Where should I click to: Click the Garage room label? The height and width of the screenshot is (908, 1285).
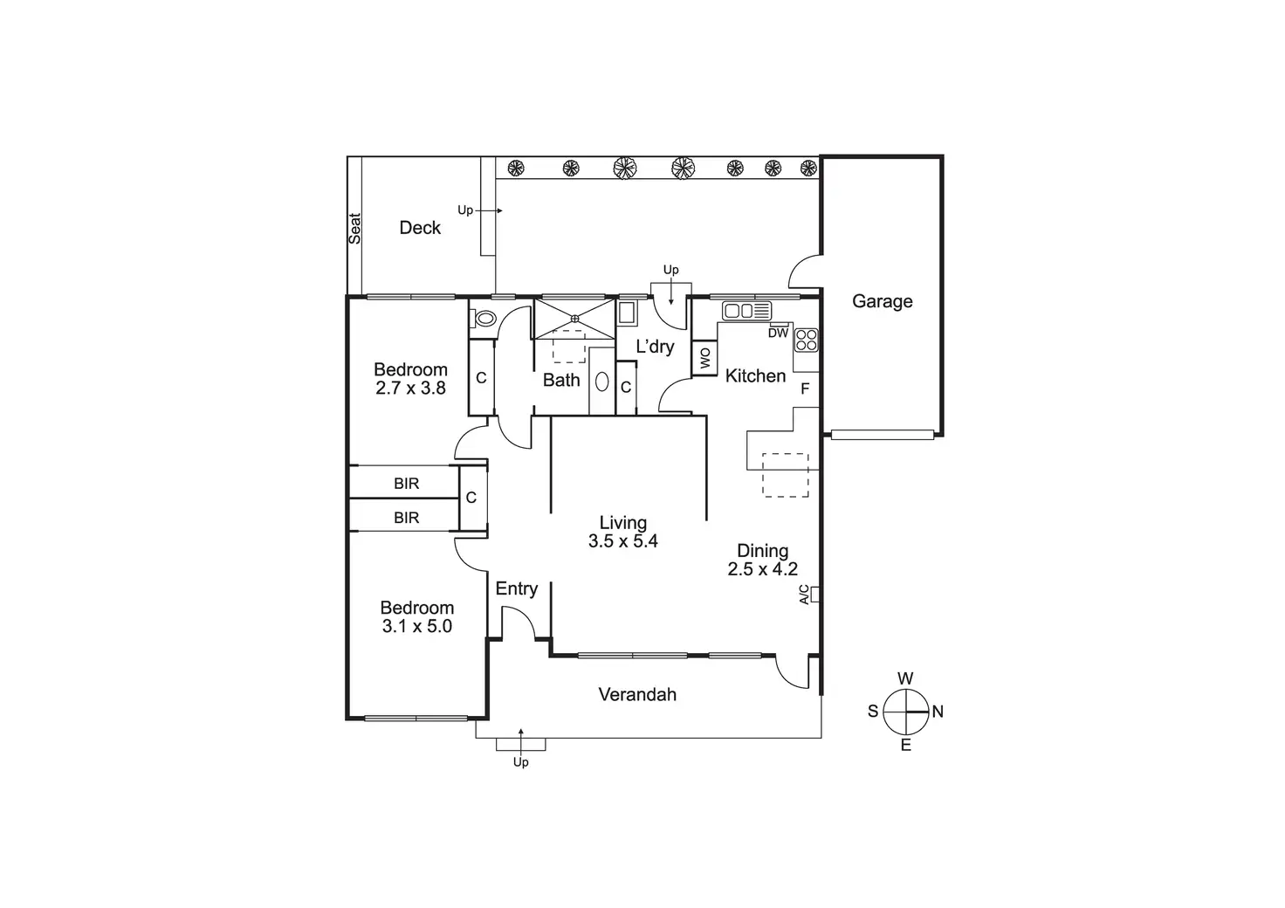coord(882,301)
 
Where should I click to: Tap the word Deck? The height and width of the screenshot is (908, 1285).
coord(420,228)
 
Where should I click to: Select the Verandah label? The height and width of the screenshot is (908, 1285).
coord(637,695)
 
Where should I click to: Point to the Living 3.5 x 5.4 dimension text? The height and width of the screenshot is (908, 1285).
coord(622,541)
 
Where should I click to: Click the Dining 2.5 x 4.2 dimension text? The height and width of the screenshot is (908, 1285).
coord(762,569)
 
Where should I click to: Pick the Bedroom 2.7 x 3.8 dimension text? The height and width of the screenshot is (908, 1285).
coord(410,389)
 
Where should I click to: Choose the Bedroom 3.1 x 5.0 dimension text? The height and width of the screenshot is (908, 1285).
coord(416,626)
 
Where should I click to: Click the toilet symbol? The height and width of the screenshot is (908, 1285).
coord(484,319)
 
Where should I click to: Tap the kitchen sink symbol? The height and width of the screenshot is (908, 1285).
coord(746,310)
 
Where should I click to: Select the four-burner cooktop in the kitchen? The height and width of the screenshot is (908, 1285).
coord(806,339)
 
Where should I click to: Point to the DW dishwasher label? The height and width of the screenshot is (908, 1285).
coord(778,334)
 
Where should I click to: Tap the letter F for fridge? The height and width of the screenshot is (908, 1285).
coord(805,389)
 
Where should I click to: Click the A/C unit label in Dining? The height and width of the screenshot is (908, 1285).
coord(804,595)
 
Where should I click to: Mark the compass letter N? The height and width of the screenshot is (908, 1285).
coord(938,712)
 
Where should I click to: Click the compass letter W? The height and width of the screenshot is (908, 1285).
coord(905,678)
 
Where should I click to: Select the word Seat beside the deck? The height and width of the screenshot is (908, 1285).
coord(355,228)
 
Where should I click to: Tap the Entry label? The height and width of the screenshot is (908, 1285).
coord(516,589)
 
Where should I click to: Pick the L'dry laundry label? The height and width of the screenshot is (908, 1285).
coord(655,347)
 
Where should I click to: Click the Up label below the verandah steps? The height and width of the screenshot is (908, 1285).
coord(520,762)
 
